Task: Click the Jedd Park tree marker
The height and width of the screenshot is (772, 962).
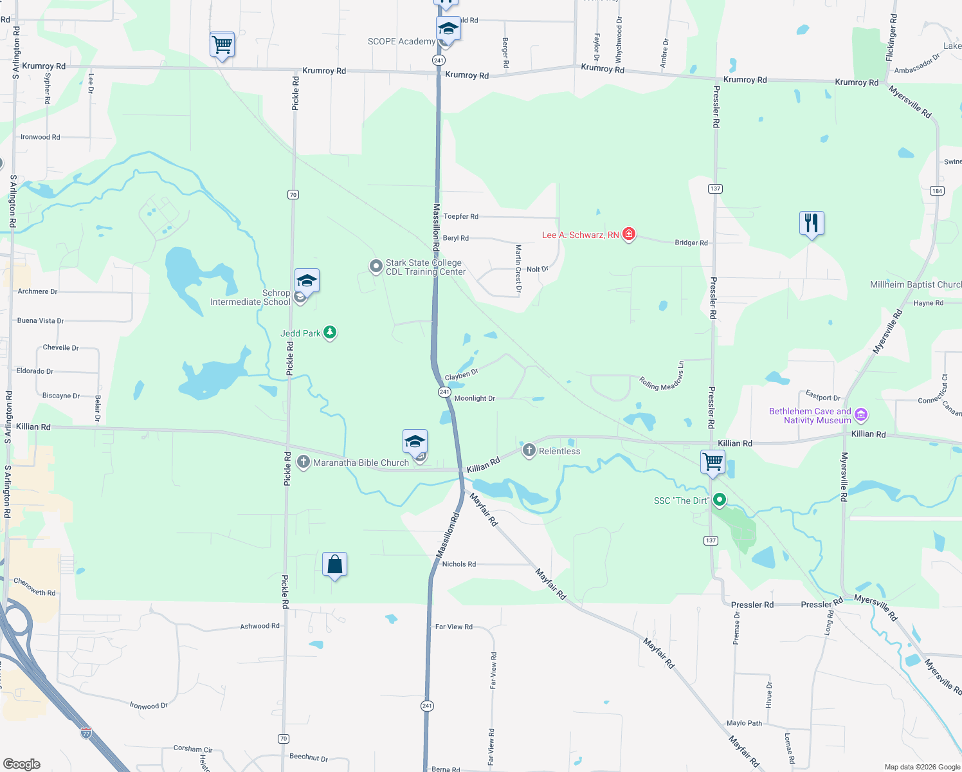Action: click(x=330, y=333)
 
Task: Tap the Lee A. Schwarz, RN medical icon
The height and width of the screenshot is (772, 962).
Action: click(x=629, y=234)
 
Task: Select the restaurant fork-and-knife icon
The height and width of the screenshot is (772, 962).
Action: click(x=812, y=223)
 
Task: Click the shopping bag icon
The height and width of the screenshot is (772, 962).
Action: click(x=334, y=565)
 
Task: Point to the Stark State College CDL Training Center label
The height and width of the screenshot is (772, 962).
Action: click(x=425, y=267)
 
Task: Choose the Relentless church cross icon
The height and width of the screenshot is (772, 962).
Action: click(x=529, y=450)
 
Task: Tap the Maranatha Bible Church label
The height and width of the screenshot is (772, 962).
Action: click(x=361, y=463)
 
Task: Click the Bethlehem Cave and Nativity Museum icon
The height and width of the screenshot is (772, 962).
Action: click(x=861, y=415)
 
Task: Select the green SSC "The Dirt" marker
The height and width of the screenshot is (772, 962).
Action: click(x=720, y=500)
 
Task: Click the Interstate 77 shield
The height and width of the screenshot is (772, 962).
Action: click(x=86, y=733)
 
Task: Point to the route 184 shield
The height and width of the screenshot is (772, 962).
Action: click(x=937, y=190)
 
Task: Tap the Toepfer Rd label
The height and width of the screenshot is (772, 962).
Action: click(x=460, y=216)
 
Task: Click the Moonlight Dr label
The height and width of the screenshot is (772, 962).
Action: click(x=475, y=398)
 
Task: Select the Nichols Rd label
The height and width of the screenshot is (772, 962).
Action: click(x=459, y=564)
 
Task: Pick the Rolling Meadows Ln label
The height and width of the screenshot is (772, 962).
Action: click(x=661, y=376)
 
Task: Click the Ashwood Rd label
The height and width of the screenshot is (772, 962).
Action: click(x=260, y=626)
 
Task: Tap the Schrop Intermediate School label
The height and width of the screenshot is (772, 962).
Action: click(x=250, y=297)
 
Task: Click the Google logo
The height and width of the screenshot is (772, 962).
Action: click(x=22, y=764)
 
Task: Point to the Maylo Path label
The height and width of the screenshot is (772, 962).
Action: click(x=744, y=723)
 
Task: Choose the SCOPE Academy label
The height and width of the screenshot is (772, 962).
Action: click(x=401, y=41)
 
